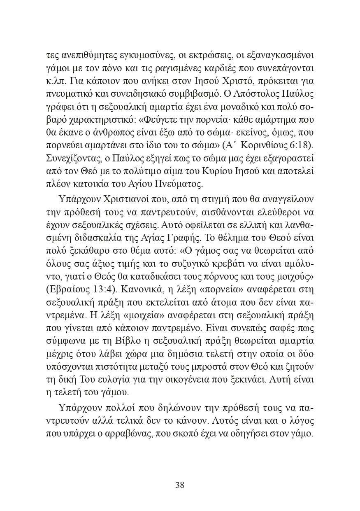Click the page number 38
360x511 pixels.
[x=180, y=485]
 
